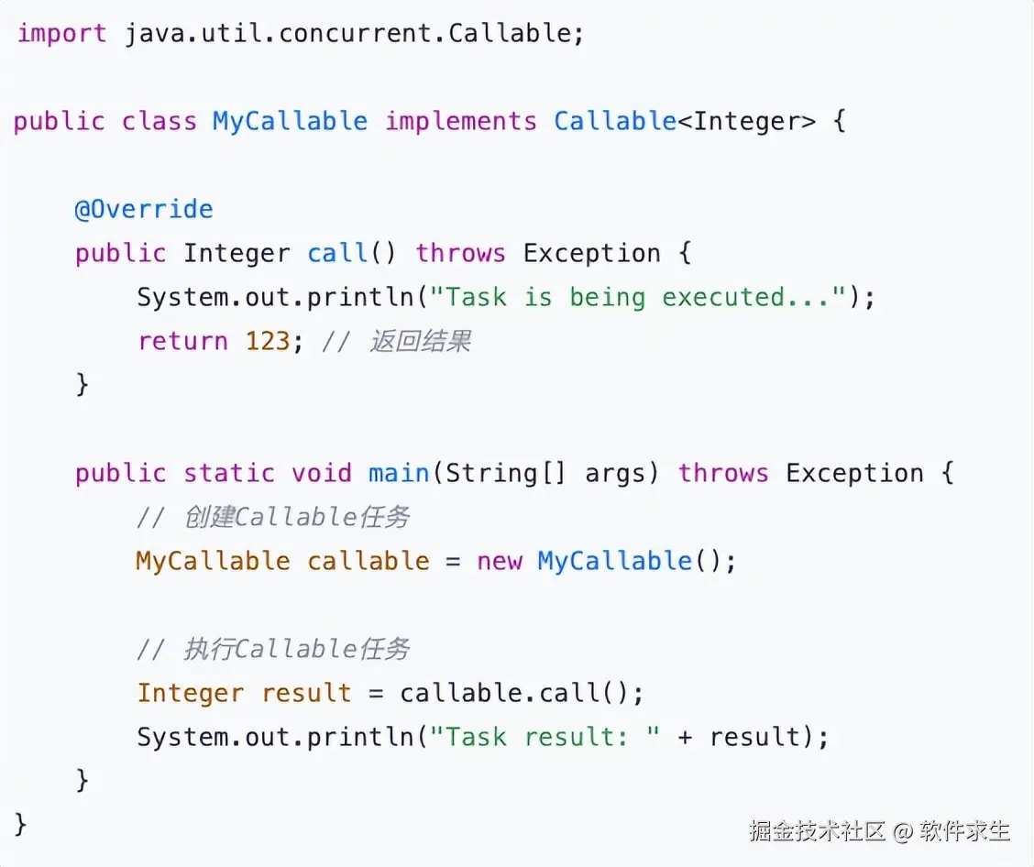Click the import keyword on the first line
pos(61,34)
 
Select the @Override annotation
pos(144,210)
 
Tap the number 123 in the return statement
pos(268,342)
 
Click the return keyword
pos(182,342)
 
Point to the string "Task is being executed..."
pos(637,298)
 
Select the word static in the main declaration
pos(229,474)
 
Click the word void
pos(322,474)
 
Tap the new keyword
pos(499,562)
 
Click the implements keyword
pos(460,122)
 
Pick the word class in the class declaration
pos(159,122)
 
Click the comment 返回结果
pos(421,342)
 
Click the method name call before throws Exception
pos(337,254)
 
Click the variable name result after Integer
pos(306,694)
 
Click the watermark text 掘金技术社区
pos(817,831)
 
